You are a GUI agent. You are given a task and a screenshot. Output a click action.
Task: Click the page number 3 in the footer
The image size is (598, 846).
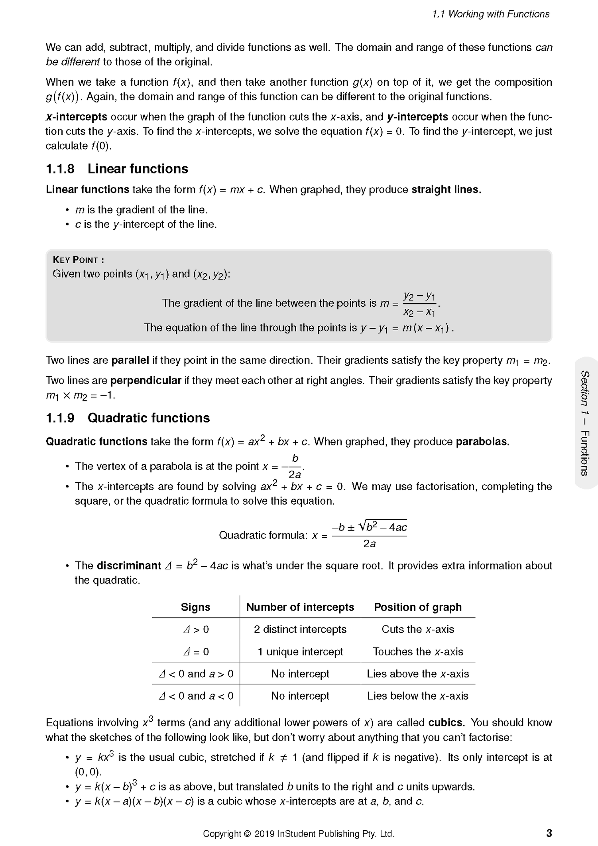click(549, 833)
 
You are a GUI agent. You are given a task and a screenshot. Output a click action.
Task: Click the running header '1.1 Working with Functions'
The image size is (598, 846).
click(491, 14)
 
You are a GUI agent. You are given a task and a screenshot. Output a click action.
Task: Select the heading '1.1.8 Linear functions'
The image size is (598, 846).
click(117, 169)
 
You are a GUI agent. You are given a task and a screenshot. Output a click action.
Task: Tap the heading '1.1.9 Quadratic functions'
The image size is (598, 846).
click(128, 418)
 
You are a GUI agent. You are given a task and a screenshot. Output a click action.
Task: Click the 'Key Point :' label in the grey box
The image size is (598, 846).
click(79, 260)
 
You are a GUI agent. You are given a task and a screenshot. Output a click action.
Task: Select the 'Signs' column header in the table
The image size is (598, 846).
click(195, 607)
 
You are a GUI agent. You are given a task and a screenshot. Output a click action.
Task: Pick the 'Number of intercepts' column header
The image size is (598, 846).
click(300, 607)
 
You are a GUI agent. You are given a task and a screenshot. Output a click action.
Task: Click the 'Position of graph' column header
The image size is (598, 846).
click(417, 607)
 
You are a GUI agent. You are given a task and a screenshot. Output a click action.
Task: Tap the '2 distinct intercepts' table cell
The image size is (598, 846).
click(300, 629)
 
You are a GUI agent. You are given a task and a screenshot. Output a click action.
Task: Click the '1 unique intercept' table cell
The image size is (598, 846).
click(300, 652)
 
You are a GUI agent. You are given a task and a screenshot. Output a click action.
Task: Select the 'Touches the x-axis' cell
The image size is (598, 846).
click(418, 652)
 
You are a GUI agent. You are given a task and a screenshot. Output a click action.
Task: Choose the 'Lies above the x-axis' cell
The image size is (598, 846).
click(418, 674)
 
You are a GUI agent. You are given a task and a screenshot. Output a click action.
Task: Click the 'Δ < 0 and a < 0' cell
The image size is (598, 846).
click(196, 696)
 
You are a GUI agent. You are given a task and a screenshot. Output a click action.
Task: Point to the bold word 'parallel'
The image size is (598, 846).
click(130, 361)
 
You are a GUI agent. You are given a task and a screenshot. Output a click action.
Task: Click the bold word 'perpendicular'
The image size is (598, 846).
click(146, 381)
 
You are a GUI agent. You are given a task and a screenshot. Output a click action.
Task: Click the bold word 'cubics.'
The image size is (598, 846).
click(447, 723)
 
